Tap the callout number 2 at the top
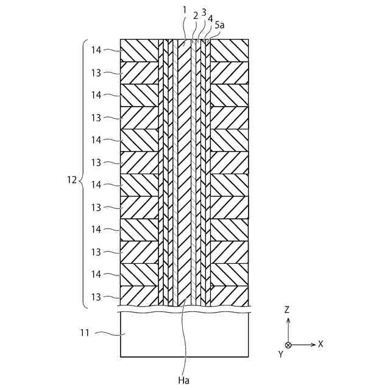click(195, 16)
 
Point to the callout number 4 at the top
click(210, 19)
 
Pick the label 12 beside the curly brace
click(71, 180)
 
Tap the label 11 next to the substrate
click(86, 333)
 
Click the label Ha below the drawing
click(184, 380)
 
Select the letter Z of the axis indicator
click(287, 310)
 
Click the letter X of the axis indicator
click(320, 344)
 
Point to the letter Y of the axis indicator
click(281, 353)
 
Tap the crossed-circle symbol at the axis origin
click(288, 344)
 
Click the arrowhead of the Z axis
click(288, 319)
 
